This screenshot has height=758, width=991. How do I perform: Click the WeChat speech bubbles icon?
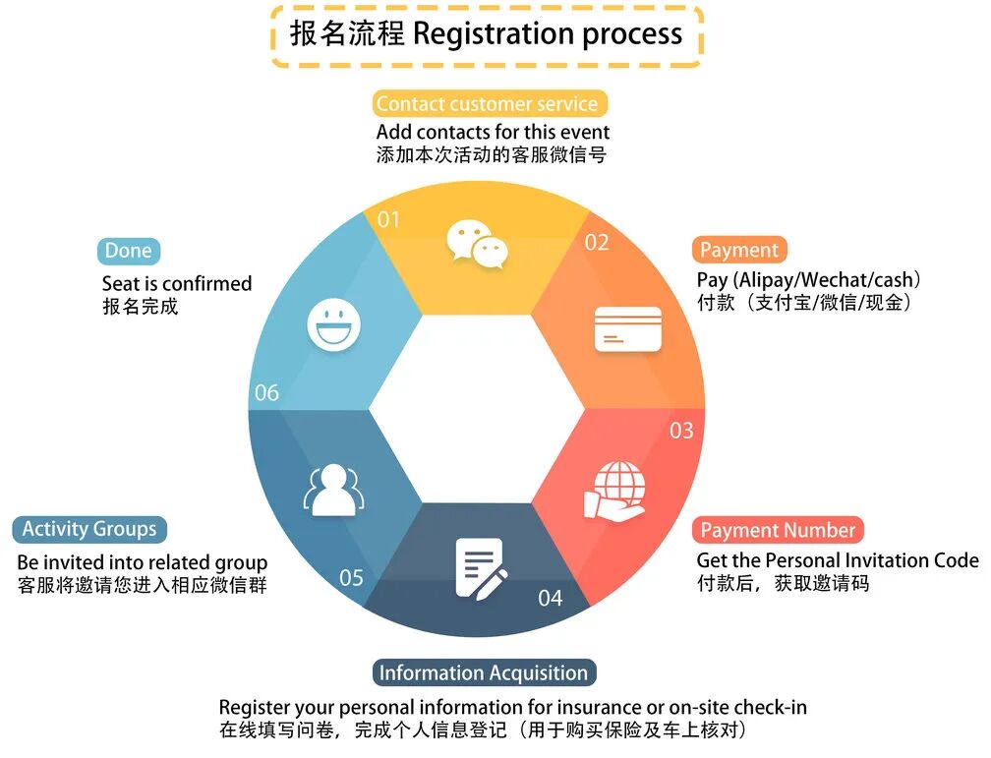click(x=477, y=244)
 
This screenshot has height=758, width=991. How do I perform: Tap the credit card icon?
click(x=628, y=329)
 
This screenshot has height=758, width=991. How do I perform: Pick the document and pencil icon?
click(x=481, y=567)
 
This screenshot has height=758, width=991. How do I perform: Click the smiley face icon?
click(x=333, y=323)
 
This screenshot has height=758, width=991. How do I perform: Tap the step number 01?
click(x=389, y=219)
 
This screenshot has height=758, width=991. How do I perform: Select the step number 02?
click(x=597, y=242)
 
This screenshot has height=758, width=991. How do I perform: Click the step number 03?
click(x=681, y=431)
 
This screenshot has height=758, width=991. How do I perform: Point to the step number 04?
click(x=551, y=597)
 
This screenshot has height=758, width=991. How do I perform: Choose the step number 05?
click(x=351, y=577)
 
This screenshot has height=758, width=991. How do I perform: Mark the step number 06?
click(x=266, y=393)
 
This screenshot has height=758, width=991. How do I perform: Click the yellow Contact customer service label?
click(x=487, y=103)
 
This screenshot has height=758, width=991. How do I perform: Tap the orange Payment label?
click(x=739, y=250)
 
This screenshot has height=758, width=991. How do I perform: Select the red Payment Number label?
click(x=778, y=530)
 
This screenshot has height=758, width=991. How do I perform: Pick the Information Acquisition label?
click(x=483, y=673)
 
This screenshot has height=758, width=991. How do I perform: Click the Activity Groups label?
click(x=89, y=529)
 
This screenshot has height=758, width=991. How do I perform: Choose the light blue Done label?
click(x=128, y=251)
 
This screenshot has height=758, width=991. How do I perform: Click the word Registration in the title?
click(x=493, y=34)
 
